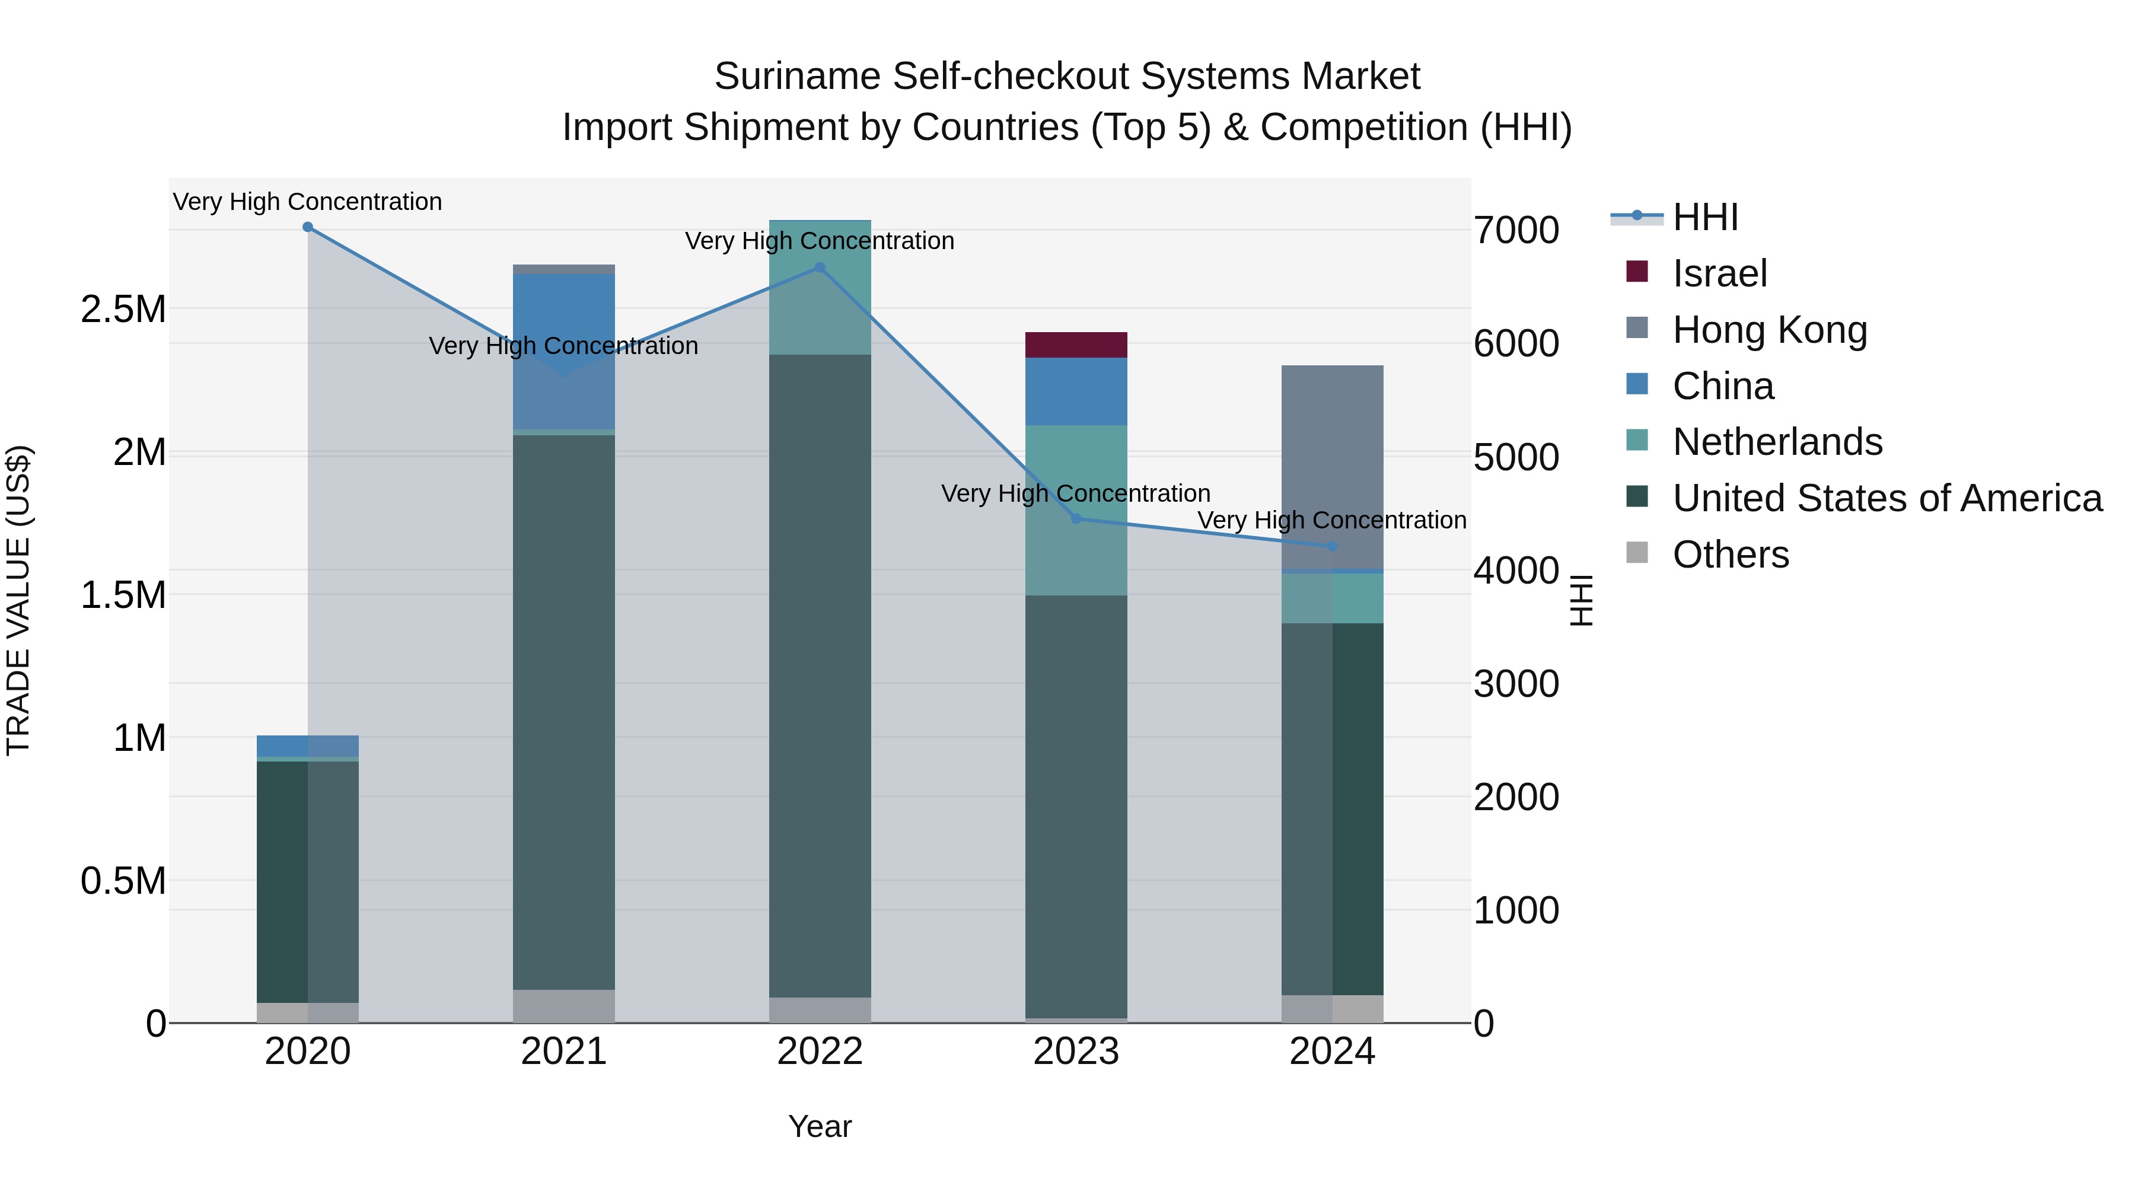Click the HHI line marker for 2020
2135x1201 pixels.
[x=307, y=227]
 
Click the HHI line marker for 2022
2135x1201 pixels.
[x=820, y=267]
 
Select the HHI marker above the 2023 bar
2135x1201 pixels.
[x=1076, y=519]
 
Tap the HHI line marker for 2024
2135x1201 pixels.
[x=1332, y=546]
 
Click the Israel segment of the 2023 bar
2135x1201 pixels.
[x=1076, y=345]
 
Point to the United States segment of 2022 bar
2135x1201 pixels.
[x=820, y=676]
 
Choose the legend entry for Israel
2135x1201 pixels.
[x=1718, y=273]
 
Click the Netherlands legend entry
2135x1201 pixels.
[x=1776, y=442]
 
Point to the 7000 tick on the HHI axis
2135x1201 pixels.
[x=1516, y=231]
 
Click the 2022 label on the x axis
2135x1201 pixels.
[x=820, y=1052]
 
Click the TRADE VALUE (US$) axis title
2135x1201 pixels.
[x=18, y=600]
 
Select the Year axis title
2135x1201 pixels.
[x=820, y=1126]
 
